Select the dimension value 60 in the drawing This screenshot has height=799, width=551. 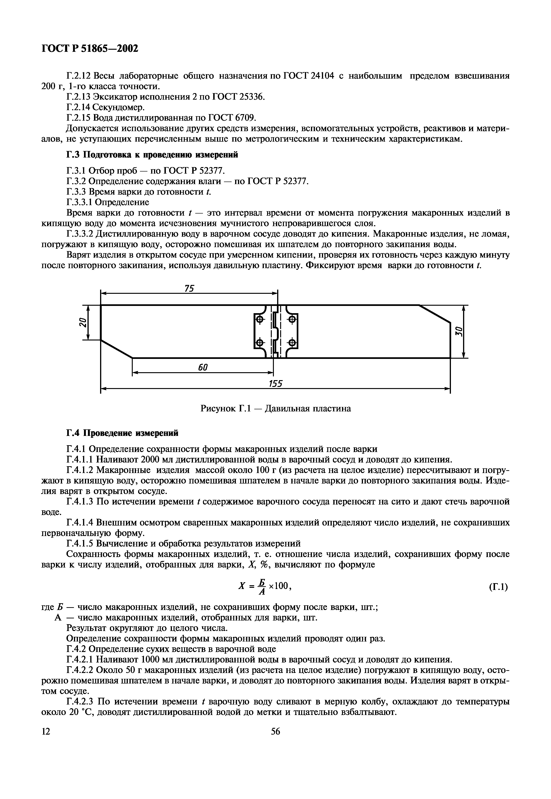[203, 368]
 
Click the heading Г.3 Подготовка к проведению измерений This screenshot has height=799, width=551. [152, 155]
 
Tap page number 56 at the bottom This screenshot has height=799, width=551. [275, 731]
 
